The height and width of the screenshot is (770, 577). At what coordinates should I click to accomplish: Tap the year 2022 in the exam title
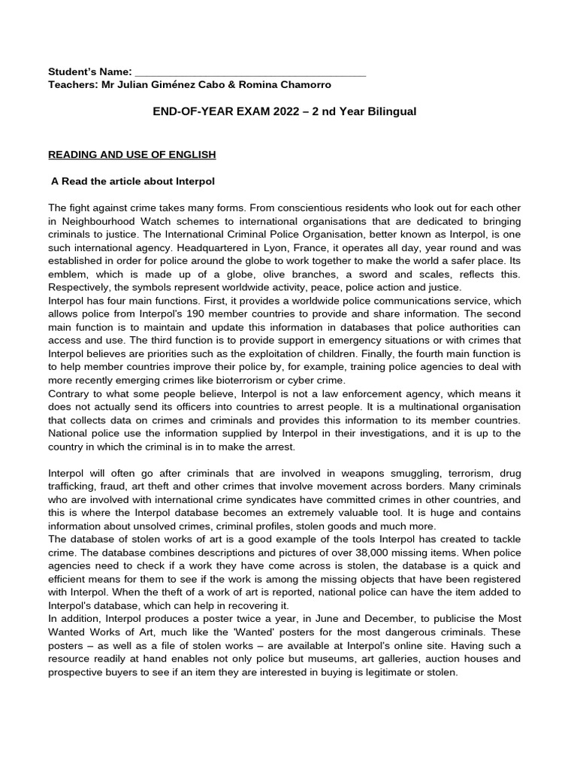(x=277, y=111)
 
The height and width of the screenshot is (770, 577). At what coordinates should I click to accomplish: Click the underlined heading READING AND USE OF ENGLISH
(x=131, y=154)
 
